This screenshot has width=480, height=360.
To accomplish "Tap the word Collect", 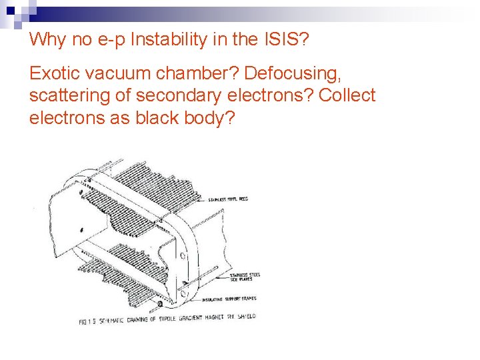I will (x=347, y=95).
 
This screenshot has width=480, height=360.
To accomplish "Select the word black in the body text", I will (x=159, y=118).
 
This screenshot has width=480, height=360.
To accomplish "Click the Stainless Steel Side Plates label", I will (x=245, y=277).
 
